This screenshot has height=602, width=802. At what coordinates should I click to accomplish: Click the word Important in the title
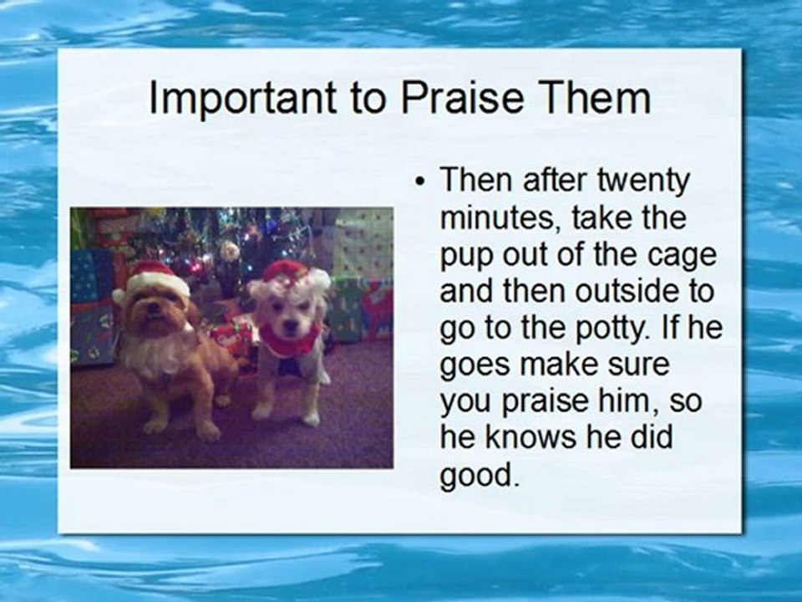[243, 98]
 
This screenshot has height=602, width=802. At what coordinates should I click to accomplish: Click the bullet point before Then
[420, 181]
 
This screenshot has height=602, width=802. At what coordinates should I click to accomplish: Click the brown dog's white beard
[154, 353]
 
